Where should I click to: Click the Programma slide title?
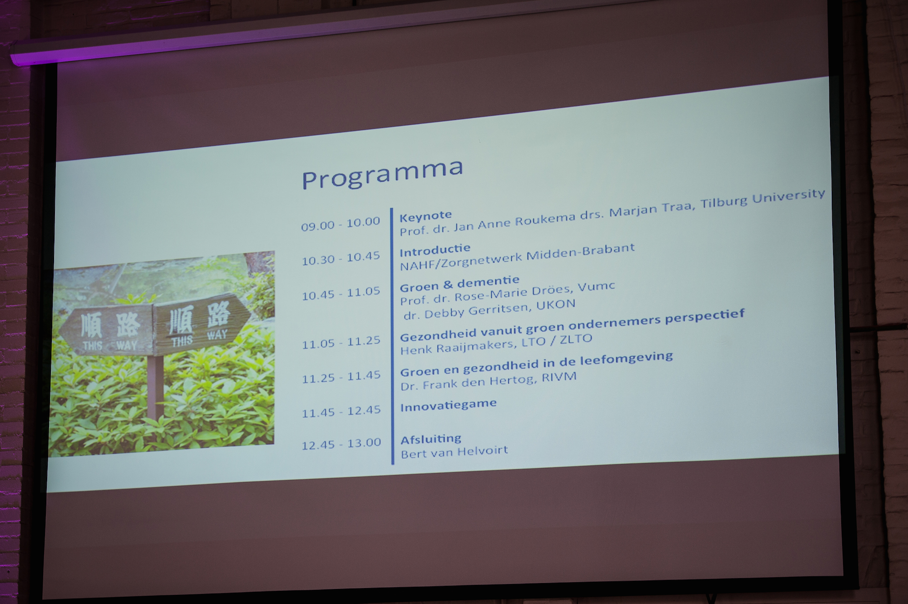click(x=382, y=174)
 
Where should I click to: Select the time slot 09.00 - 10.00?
click(x=340, y=224)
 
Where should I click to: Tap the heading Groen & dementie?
click(x=459, y=283)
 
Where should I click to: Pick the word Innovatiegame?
click(x=449, y=405)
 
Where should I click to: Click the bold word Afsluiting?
click(x=431, y=439)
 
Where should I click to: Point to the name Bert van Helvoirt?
click(x=454, y=452)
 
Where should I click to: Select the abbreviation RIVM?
click(x=559, y=378)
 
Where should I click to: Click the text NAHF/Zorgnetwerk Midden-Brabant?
click(x=517, y=256)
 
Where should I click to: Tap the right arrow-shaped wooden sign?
click(x=201, y=323)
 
